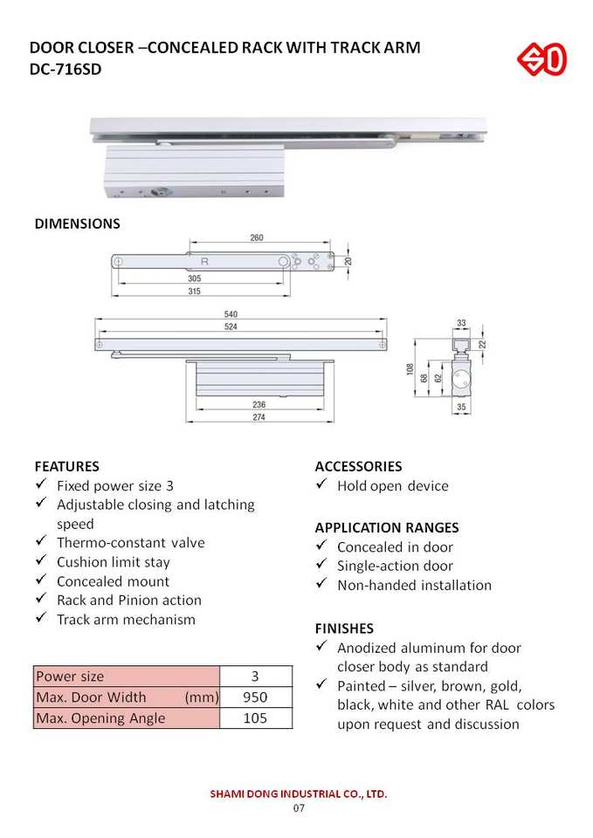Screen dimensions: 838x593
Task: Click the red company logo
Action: pos(542,60)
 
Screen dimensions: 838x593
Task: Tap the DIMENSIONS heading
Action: pos(77,223)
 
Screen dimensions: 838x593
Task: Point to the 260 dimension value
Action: pos(257,237)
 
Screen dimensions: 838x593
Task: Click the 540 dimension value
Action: pos(231,314)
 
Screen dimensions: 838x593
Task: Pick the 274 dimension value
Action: pos(259,418)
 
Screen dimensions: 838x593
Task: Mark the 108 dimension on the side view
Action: pos(410,368)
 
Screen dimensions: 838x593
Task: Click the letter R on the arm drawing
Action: pos(204,261)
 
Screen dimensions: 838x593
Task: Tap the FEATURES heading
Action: pos(66,466)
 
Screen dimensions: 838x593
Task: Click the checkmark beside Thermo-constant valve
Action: pos(40,542)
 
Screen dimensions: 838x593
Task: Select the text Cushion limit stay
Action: pos(114,562)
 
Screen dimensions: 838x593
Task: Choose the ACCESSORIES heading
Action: pos(358,466)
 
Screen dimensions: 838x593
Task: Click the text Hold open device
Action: pos(392,486)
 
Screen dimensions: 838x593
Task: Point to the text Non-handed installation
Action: pos(414,585)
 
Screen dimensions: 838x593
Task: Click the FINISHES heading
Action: pos(344,628)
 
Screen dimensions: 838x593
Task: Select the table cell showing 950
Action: pos(255,697)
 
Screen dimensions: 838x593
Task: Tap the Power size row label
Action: pos(70,677)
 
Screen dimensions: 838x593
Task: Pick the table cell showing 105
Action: pos(255,718)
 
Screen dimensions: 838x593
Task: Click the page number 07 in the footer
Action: pos(298,808)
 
